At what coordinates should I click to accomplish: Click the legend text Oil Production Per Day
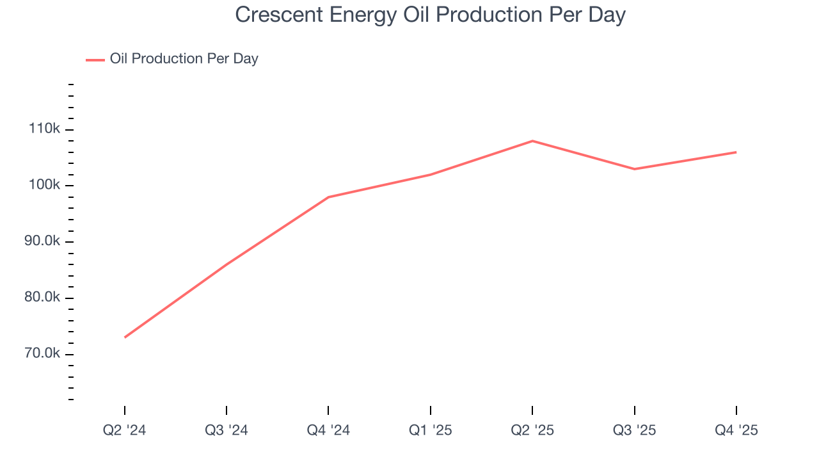click(x=184, y=59)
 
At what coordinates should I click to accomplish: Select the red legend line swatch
click(x=95, y=60)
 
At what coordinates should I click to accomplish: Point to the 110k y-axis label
click(x=45, y=129)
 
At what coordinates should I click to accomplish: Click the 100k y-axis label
click(x=45, y=186)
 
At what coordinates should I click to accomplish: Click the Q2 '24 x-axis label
click(x=125, y=430)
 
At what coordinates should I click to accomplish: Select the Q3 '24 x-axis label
click(x=227, y=430)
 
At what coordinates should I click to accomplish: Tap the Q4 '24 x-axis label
click(x=328, y=430)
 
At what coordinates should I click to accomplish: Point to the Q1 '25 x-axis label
click(x=431, y=430)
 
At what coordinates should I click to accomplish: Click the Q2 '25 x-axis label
click(x=532, y=430)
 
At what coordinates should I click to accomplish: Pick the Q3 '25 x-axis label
click(x=634, y=430)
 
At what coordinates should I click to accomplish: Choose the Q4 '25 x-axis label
click(x=736, y=430)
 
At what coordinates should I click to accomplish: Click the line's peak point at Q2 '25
click(x=532, y=141)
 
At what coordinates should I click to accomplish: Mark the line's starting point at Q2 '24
click(x=125, y=337)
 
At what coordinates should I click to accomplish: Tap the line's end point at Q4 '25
click(x=736, y=152)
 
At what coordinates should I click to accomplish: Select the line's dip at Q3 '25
click(x=634, y=169)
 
